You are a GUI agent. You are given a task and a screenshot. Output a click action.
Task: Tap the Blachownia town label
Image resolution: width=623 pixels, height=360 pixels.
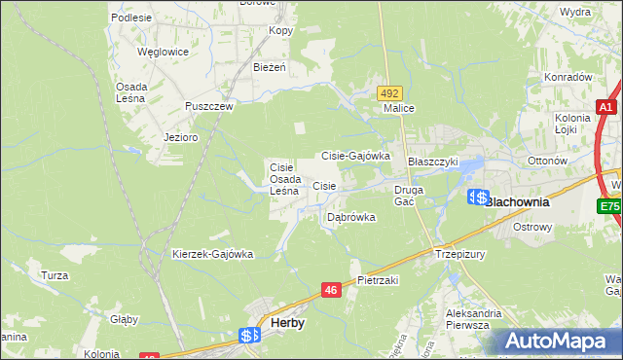[x=517, y=202]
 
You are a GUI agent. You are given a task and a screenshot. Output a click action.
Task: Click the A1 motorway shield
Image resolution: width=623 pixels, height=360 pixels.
[x=606, y=108]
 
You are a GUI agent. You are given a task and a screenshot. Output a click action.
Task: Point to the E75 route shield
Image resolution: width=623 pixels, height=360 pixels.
[x=610, y=206]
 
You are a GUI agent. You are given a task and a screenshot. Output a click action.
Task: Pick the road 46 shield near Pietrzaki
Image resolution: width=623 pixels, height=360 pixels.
[x=331, y=290]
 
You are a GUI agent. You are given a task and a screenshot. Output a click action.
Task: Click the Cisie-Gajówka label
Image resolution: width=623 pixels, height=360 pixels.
[x=355, y=155]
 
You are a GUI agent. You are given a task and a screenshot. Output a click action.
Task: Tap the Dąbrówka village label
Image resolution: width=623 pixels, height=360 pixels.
[x=350, y=217]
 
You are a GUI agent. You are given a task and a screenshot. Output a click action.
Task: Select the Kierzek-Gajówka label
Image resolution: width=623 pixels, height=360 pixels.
[x=212, y=254]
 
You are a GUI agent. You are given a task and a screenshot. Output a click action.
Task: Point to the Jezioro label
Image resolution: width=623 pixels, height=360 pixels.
[x=181, y=137]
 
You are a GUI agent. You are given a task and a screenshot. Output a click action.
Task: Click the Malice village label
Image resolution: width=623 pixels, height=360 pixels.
[x=399, y=109]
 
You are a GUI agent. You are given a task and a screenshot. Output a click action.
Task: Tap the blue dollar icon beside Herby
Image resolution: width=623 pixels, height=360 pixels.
[x=248, y=336]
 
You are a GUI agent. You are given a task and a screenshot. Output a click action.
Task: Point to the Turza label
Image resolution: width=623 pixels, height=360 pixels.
[x=55, y=275]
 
